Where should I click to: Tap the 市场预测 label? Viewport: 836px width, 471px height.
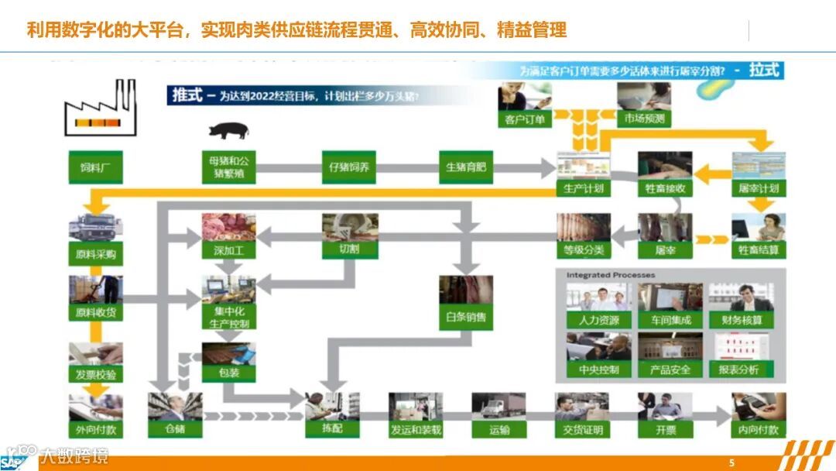[x=644, y=119]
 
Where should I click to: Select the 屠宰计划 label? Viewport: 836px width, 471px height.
[x=759, y=188]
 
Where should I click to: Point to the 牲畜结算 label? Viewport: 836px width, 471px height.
[x=759, y=250]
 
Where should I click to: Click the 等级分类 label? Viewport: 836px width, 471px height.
[x=584, y=250]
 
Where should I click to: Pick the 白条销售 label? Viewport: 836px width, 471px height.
[x=466, y=317]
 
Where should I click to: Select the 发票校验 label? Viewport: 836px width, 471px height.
[x=96, y=375]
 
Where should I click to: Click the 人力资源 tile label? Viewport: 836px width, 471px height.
[x=598, y=319]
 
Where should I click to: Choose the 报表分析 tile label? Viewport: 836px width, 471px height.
[x=738, y=370]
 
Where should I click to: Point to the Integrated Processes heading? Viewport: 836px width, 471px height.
[x=610, y=275]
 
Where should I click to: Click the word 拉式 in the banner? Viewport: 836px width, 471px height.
[x=764, y=70]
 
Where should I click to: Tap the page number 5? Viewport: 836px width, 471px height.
[x=731, y=462]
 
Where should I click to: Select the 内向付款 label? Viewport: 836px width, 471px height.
[x=759, y=429]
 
